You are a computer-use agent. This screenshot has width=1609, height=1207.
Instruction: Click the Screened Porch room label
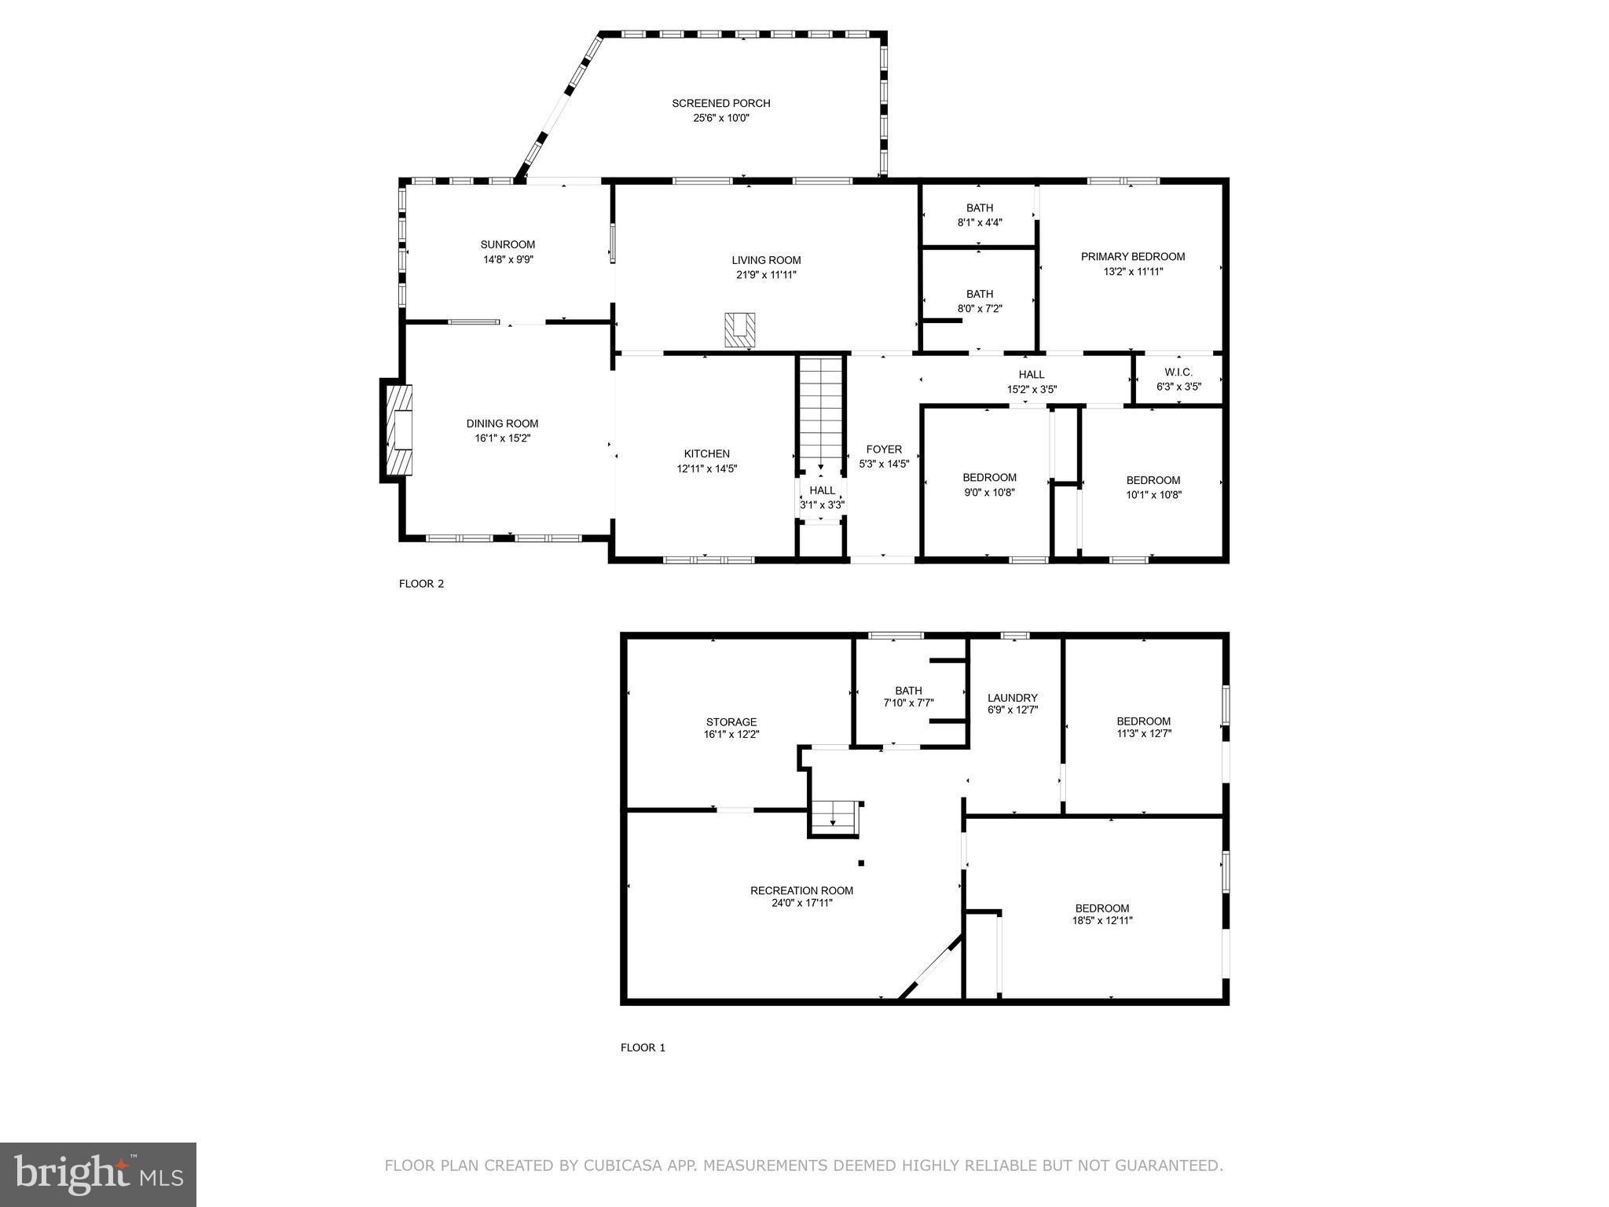[x=720, y=103]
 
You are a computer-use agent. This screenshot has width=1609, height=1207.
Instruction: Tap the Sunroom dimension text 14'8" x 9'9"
[x=508, y=259]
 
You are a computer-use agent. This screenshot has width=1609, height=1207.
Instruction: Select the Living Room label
[x=766, y=260]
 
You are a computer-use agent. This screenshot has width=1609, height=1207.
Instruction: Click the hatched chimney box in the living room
[x=739, y=329]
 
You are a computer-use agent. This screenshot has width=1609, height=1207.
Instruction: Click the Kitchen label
[x=706, y=453]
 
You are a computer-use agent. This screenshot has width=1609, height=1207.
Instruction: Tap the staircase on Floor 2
[x=821, y=413]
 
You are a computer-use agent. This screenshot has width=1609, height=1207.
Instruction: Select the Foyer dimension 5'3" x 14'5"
[x=884, y=464]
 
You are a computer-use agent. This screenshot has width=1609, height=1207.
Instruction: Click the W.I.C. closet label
[x=1178, y=372]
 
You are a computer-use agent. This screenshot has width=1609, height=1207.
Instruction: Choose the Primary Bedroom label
[x=1132, y=256]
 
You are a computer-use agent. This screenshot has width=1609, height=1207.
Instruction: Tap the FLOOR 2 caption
[x=421, y=584]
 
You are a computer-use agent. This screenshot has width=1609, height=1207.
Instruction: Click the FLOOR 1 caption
[x=643, y=1047]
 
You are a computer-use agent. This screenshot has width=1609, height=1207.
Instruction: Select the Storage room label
[x=731, y=721]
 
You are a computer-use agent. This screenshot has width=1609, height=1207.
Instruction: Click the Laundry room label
[x=1012, y=697]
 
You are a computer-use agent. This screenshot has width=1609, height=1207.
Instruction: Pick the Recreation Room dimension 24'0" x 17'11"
[x=801, y=903]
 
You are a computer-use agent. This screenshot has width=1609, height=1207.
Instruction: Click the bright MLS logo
[x=97, y=1174]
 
